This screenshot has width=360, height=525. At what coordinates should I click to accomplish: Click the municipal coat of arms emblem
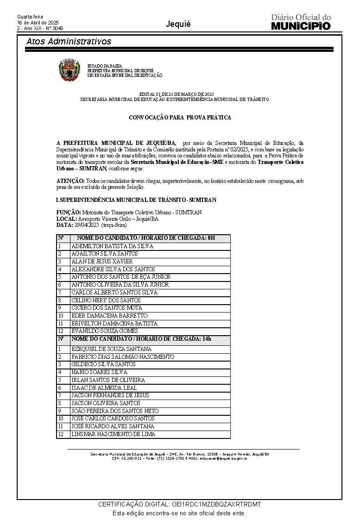(x=69, y=70)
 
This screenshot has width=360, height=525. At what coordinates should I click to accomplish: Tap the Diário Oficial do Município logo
(x=301, y=22)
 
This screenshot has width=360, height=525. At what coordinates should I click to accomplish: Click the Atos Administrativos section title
(x=69, y=42)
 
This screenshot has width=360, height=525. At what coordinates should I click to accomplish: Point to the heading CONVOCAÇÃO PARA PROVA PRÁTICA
(x=180, y=118)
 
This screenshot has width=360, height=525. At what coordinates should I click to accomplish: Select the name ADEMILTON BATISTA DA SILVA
(x=112, y=246)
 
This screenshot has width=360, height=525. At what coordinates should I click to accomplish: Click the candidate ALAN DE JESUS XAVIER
(x=102, y=262)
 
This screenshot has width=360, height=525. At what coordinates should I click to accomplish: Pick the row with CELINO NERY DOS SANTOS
(x=106, y=300)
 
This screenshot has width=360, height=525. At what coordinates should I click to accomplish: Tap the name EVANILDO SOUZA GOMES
(x=105, y=331)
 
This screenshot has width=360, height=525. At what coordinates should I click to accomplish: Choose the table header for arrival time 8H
(x=143, y=238)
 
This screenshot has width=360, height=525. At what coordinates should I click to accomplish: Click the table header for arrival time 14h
(x=141, y=339)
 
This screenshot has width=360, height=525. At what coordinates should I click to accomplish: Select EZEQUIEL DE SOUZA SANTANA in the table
(x=112, y=349)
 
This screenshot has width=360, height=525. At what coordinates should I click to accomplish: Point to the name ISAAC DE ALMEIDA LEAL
(x=104, y=387)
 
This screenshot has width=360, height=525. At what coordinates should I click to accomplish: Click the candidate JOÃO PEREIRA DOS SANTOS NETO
(x=115, y=411)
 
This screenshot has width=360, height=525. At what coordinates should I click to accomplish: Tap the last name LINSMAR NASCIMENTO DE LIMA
(x=114, y=434)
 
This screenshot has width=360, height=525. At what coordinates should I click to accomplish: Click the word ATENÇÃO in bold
(x=70, y=181)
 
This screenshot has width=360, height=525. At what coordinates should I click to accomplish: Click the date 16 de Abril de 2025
(x=38, y=23)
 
